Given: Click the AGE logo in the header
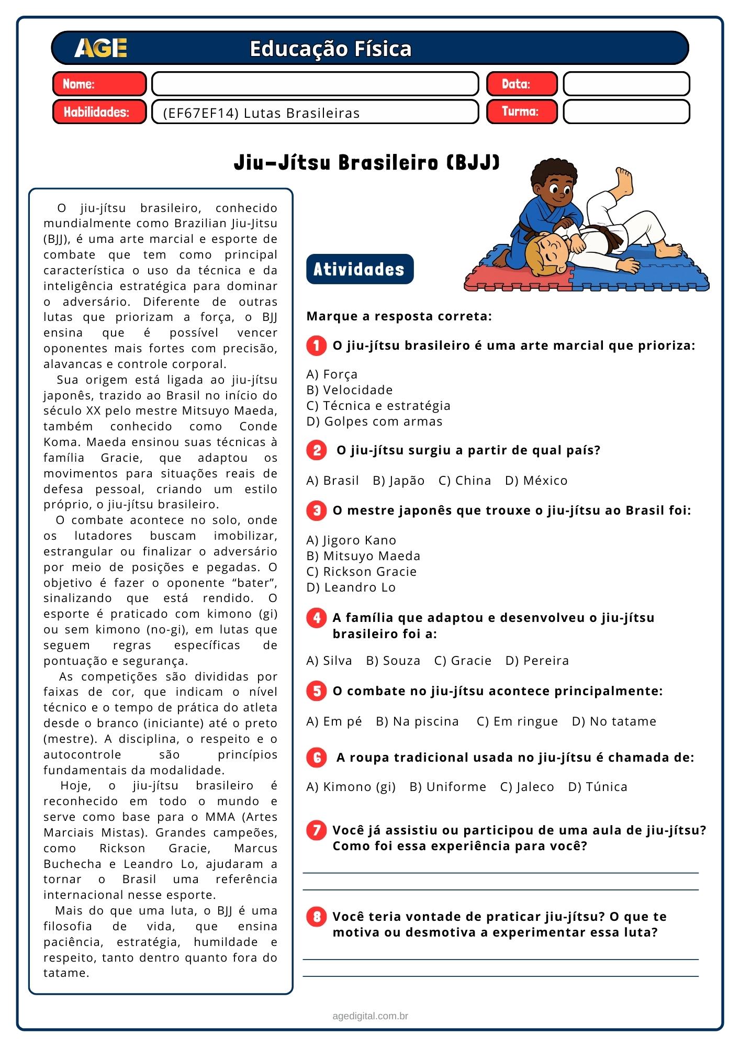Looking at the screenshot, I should click(x=100, y=48).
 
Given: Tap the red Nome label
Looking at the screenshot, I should click(x=99, y=84).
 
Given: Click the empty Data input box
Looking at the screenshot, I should click(x=626, y=84).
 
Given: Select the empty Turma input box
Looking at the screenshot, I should click(x=626, y=112).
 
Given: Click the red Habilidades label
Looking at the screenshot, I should click(x=99, y=112).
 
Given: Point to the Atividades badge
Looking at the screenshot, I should click(x=360, y=269).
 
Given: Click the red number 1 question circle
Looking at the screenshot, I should click(x=317, y=346).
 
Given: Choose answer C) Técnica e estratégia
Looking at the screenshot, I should click(x=378, y=406).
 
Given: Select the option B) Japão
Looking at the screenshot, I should click(x=398, y=481).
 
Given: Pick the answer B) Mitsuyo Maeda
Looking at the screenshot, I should click(x=363, y=556).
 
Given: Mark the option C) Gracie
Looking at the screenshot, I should click(x=463, y=661).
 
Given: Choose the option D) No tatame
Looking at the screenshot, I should click(x=614, y=721).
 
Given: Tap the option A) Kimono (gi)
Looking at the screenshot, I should click(x=351, y=787).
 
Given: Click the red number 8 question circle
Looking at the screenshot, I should click(x=317, y=917).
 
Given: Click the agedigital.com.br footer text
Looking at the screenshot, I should click(x=370, y=1016).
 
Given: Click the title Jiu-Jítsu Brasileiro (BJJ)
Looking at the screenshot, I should click(x=366, y=162).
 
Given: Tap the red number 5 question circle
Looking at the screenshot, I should click(x=317, y=691).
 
